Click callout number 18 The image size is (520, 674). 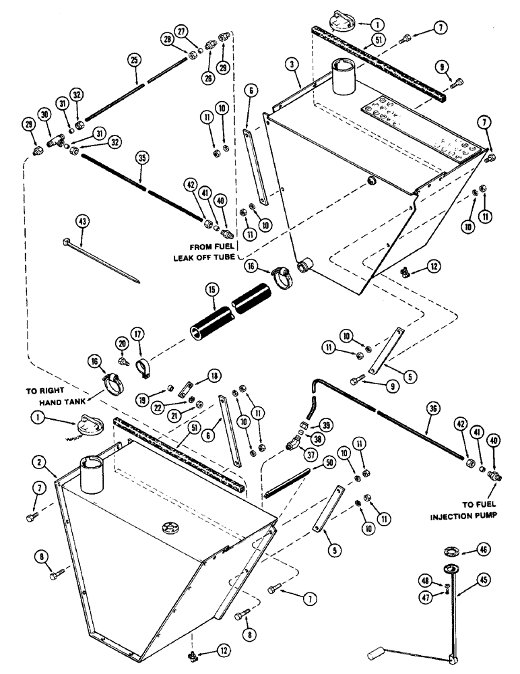coord(214,375)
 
